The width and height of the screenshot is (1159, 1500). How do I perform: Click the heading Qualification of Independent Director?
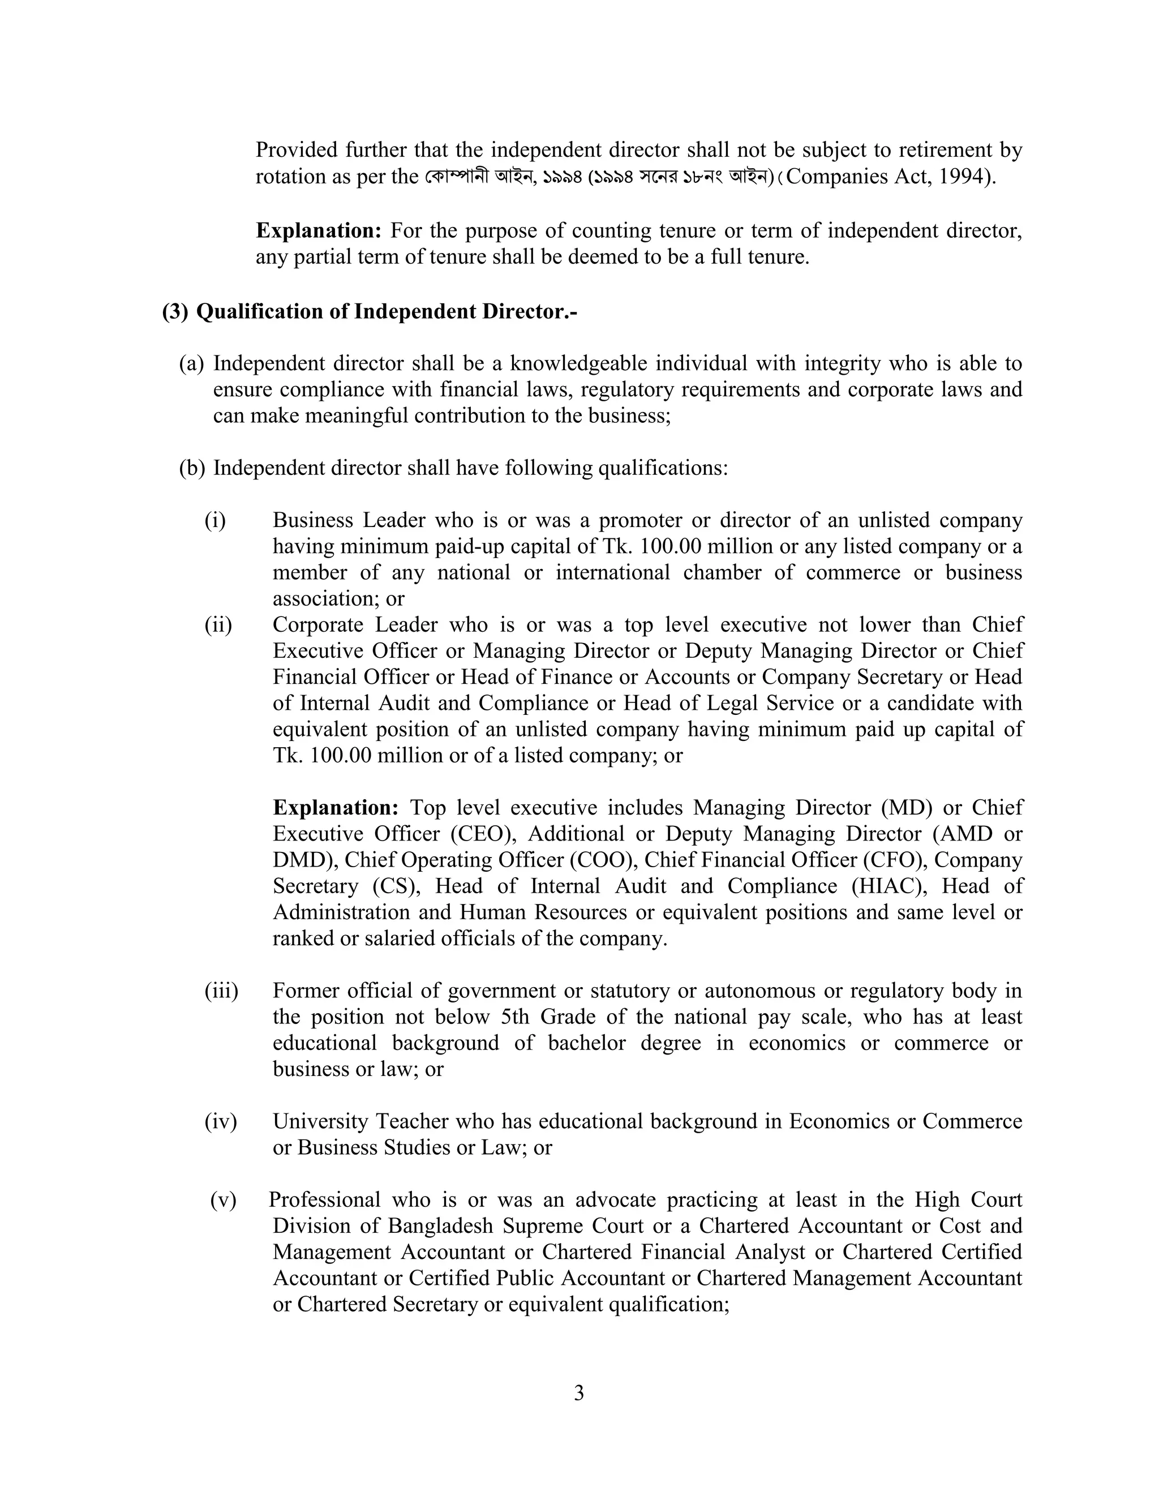point(387,312)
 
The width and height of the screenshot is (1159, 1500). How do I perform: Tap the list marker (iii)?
point(221,991)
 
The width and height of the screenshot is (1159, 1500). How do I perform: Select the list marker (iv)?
point(220,1121)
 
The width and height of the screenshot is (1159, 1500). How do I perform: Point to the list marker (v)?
point(223,1200)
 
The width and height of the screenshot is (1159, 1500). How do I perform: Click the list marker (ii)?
point(218,625)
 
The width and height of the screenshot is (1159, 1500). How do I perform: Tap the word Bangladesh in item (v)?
point(439,1226)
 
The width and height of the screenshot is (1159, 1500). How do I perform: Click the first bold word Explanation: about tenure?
point(319,231)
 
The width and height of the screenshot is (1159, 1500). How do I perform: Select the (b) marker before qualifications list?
point(192,469)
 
